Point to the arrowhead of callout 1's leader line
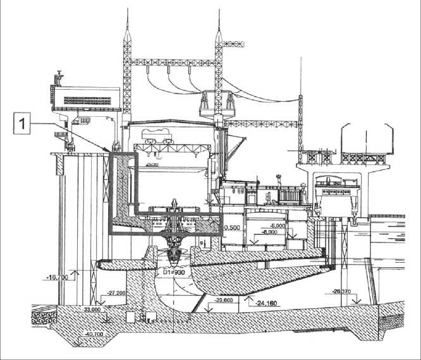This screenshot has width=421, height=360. [x=109, y=152]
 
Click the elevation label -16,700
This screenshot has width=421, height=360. [x=58, y=276]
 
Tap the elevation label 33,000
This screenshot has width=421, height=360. [x=92, y=310]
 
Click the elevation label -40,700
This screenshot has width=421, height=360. [x=92, y=333]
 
